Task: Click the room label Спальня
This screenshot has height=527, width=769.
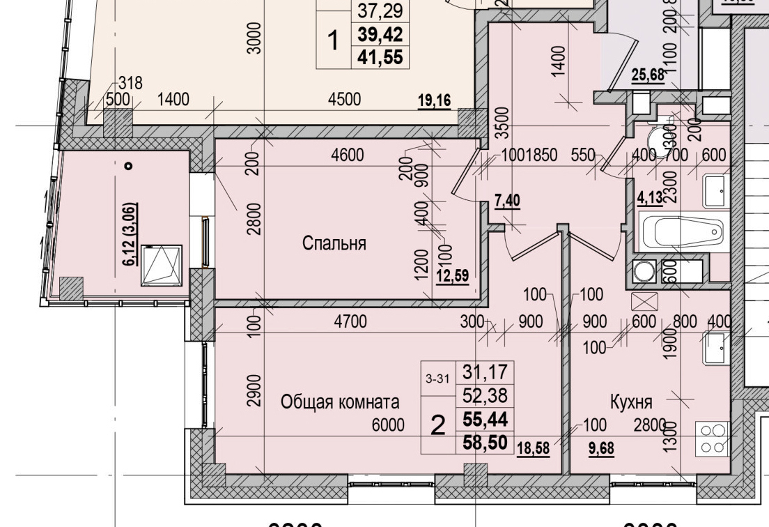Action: tap(334, 243)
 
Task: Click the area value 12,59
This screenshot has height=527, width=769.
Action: tap(452, 274)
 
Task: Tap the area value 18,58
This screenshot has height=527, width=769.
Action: tap(533, 448)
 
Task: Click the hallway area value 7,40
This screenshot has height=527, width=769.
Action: tap(508, 201)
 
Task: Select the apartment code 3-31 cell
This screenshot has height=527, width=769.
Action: tap(437, 380)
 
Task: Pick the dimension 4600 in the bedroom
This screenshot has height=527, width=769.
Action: tap(346, 155)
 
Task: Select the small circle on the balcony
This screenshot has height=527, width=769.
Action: tap(128, 166)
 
